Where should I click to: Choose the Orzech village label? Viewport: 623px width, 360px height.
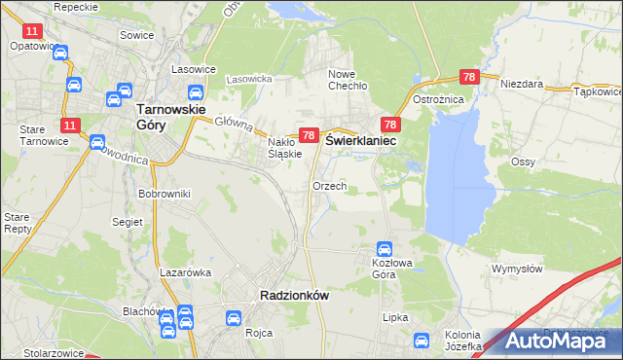point(329,185)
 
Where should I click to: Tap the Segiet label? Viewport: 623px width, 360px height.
point(128,221)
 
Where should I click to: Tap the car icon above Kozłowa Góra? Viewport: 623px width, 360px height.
point(385,248)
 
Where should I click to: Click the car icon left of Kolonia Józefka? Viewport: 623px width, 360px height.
point(421,341)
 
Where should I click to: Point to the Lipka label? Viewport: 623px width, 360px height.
point(394,317)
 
